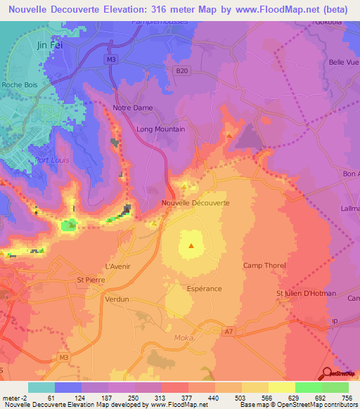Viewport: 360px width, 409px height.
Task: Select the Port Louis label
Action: click(49, 160)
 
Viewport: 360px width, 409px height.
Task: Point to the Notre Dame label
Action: click(133, 108)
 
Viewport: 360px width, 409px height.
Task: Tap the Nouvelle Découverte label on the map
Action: click(195, 203)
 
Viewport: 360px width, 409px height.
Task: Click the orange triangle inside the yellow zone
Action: click(191, 246)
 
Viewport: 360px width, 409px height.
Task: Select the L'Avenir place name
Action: click(118, 266)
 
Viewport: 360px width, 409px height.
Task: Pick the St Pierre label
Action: click(90, 280)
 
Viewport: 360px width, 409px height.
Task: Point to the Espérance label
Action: click(205, 289)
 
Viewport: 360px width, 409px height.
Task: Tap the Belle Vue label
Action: click(344, 63)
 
